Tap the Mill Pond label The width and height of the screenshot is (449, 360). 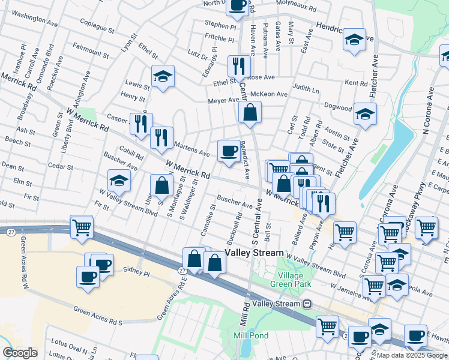point(251,335)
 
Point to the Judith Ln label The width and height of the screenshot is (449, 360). point(306,89)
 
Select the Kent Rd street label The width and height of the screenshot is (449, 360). point(356,83)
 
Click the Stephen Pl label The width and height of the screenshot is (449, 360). point(220,25)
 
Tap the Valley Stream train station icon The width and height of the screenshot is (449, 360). point(307,304)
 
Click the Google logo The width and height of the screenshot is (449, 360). point(20,353)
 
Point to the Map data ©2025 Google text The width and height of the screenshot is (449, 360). point(412,355)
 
